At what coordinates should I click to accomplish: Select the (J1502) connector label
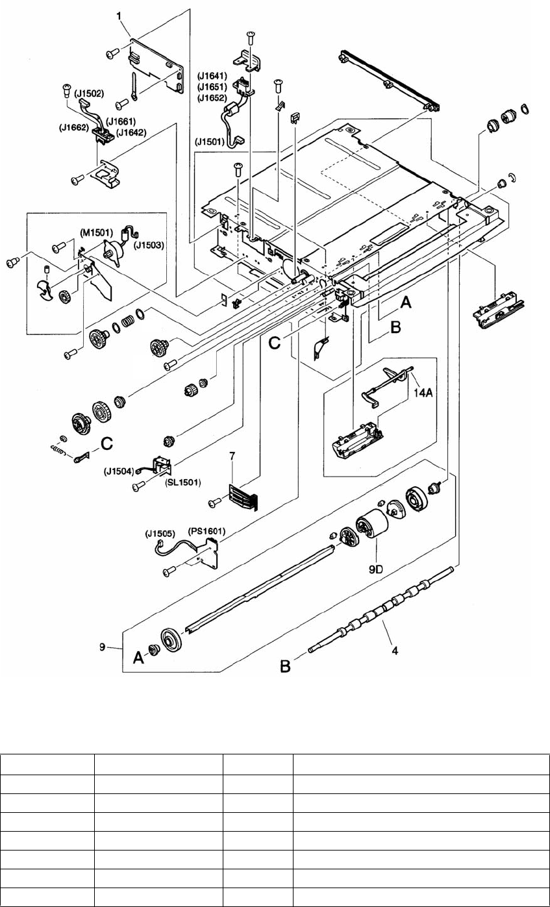[90, 93]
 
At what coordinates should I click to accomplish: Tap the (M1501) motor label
[97, 231]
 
